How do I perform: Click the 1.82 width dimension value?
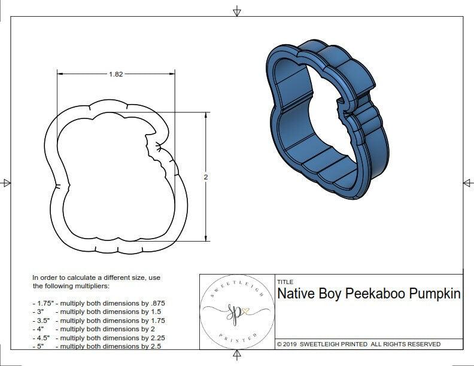pos(116,75)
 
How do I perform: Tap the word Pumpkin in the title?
pos(435,294)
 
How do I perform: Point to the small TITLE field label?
pos(285,282)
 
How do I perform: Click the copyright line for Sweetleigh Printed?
pos(358,344)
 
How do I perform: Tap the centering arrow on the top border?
pos(237,11)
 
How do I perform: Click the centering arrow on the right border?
pos(467,183)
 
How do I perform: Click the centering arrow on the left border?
pos(7,183)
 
